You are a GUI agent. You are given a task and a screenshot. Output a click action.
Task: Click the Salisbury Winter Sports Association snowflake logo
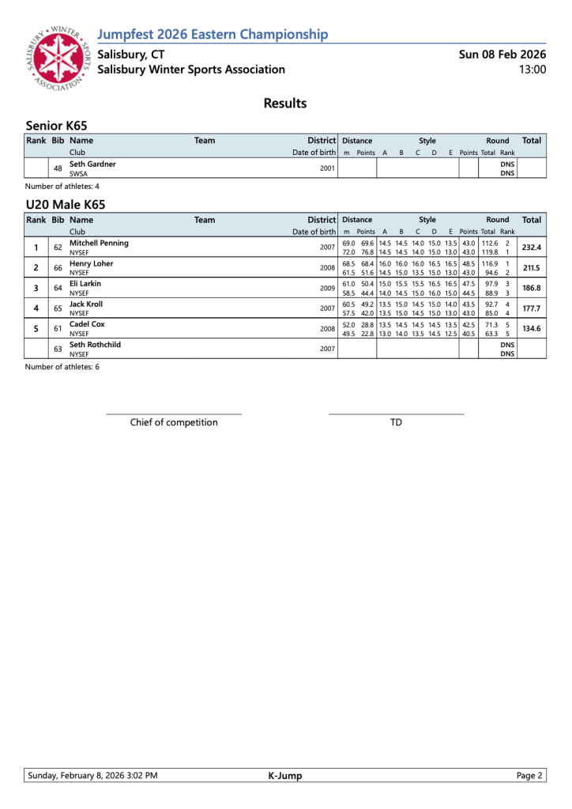click(x=57, y=59)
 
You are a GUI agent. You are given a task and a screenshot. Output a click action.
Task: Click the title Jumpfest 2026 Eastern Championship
click(x=213, y=34)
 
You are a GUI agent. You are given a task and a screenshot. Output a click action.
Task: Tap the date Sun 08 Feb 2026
click(x=502, y=55)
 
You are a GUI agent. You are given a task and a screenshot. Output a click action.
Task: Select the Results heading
click(x=284, y=104)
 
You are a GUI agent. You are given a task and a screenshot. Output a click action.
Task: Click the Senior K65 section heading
click(x=56, y=126)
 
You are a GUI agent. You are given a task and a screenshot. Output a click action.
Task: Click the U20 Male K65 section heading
click(x=66, y=205)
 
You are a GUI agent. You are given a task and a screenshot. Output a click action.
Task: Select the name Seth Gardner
click(x=92, y=164)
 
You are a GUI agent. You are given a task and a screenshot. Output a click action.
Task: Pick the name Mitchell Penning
click(x=99, y=243)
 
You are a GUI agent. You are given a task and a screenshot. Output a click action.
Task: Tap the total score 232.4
click(x=531, y=248)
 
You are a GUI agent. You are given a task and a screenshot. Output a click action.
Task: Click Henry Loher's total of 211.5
click(x=531, y=268)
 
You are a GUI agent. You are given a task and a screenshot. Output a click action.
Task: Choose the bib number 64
click(x=58, y=289)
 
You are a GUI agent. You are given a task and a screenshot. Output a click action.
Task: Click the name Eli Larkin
click(x=85, y=284)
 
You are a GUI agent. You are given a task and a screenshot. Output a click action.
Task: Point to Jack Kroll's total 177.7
click(x=531, y=309)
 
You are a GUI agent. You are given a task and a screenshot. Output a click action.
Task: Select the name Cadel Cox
click(x=87, y=324)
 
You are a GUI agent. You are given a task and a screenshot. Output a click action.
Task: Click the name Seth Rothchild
click(x=95, y=345)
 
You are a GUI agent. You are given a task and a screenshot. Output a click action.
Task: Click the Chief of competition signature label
click(x=174, y=422)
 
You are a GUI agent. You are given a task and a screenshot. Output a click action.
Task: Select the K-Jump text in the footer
click(x=285, y=776)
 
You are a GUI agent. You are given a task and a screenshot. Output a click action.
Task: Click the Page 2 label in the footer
click(x=529, y=776)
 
